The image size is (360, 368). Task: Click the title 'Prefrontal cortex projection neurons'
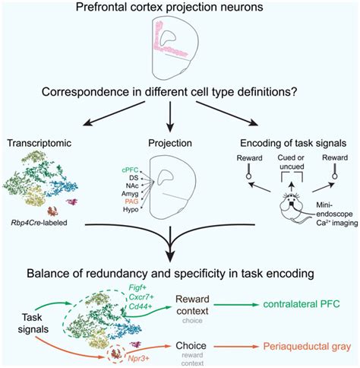pos(179,8)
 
